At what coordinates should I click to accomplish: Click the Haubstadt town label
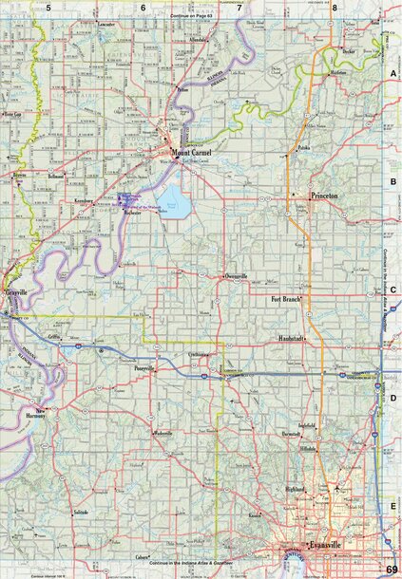(x=291, y=338)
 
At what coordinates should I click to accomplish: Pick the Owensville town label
(x=235, y=275)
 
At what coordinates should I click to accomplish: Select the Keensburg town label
(x=76, y=201)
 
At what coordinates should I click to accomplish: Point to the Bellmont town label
(x=54, y=177)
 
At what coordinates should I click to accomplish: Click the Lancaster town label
(x=105, y=23)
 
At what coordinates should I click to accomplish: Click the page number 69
(x=392, y=568)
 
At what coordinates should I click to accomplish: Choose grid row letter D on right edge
(x=392, y=398)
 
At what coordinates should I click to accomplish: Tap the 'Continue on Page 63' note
(x=196, y=17)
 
